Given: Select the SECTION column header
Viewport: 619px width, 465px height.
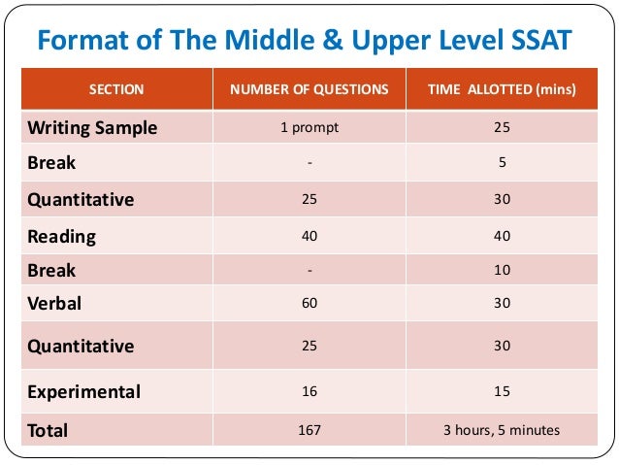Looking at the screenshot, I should coord(116,89).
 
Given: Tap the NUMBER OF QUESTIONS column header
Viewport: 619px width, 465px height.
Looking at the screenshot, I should coord(309,89).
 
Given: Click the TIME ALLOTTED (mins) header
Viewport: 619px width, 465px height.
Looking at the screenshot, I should coord(502,89).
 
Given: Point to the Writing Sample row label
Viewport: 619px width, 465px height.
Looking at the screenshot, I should coord(92,127).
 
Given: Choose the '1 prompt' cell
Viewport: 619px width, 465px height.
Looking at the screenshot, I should coord(309,127).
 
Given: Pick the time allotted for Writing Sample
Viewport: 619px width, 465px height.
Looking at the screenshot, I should coord(502,127).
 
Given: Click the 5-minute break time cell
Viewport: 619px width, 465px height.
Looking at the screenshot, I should coord(502,163).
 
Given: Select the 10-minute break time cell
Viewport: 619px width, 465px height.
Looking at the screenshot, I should coord(502,270).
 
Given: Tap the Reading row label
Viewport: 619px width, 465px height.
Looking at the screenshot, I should coord(62,236).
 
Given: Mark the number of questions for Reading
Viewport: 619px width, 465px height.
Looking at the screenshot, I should coord(309,236).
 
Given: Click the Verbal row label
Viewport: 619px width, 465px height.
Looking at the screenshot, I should coord(55,304).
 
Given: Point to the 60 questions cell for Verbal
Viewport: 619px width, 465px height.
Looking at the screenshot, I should coord(309,304).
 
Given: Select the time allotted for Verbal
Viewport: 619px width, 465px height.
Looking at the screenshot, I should coord(502,304).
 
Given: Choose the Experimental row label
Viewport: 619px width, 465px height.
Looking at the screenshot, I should coord(84,392).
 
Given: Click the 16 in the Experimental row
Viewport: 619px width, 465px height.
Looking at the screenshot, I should coord(309,392).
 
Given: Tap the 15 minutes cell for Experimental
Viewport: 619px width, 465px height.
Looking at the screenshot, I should coord(502,392).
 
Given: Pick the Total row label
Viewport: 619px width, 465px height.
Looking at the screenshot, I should coord(49,428).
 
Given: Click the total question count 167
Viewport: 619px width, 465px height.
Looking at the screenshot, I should coord(309,428).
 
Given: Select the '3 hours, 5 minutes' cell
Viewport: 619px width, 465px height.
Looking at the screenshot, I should coord(502,428).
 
